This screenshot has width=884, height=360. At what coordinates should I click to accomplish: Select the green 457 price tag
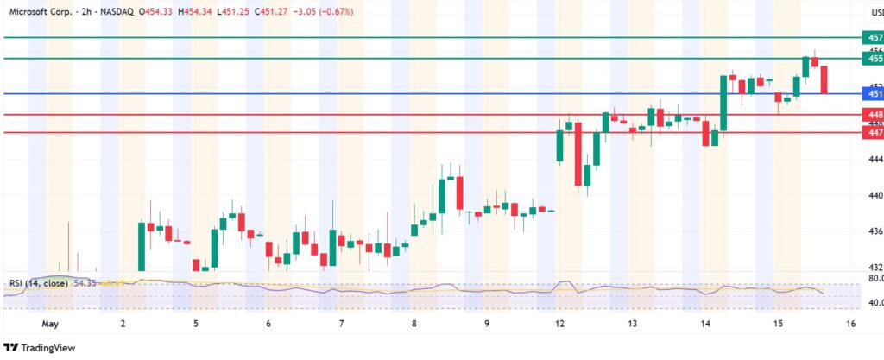tap(874, 38)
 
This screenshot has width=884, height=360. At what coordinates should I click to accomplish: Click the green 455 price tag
tap(874, 59)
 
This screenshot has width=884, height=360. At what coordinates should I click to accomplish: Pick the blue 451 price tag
tap(874, 93)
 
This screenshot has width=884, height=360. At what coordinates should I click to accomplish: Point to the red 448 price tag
tap(874, 114)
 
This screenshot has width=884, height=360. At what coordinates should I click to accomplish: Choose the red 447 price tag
tap(874, 132)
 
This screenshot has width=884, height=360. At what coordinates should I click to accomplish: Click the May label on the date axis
tap(49, 324)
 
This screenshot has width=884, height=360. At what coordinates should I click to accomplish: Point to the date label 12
tap(560, 324)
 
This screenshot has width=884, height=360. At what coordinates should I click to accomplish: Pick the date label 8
tap(414, 324)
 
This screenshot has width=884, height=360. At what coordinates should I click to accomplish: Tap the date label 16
tap(851, 324)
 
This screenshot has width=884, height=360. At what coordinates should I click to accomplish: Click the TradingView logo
tap(41, 347)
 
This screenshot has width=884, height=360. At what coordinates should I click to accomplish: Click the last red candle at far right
tap(824, 79)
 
